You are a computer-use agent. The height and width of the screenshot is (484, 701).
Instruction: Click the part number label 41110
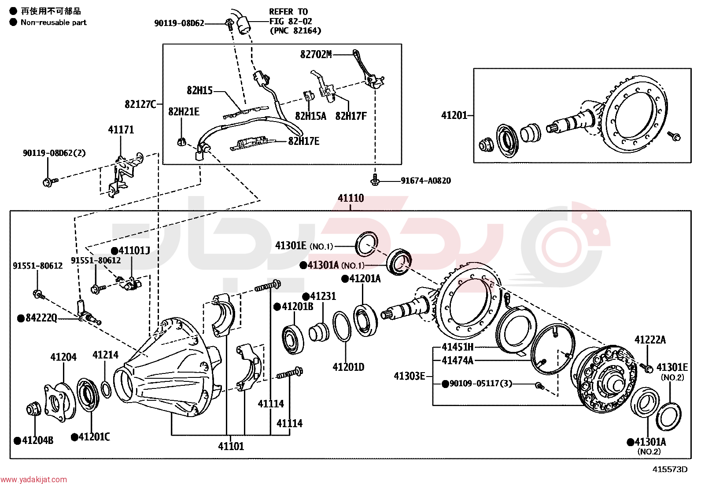click(x=350, y=198)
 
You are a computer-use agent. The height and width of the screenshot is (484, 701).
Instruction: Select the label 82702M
click(x=316, y=55)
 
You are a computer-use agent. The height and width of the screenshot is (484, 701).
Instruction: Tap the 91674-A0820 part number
click(x=426, y=181)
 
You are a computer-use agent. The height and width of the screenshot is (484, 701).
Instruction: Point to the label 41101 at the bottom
click(x=231, y=446)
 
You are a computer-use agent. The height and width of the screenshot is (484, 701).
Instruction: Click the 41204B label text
click(x=37, y=440)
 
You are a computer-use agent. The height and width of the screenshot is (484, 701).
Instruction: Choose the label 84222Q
click(x=41, y=318)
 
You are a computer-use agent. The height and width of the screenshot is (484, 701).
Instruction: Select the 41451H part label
click(x=457, y=347)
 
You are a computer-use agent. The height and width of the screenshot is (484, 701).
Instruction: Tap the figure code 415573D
click(x=670, y=469)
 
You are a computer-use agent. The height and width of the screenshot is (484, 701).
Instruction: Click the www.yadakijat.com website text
click(x=33, y=480)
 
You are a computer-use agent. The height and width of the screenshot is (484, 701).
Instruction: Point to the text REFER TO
click(x=288, y=11)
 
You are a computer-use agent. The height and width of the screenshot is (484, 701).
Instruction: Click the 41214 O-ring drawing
click(x=107, y=389)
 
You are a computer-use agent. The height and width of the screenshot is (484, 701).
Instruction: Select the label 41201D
click(x=348, y=367)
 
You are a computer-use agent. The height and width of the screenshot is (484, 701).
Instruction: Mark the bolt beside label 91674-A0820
click(x=375, y=180)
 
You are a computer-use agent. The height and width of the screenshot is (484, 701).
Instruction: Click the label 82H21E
click(x=184, y=112)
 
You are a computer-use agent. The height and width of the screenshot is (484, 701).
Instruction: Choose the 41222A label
click(x=650, y=340)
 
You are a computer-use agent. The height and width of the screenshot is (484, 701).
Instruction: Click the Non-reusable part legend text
click(x=54, y=22)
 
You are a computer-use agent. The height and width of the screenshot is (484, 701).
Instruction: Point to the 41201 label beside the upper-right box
click(x=454, y=115)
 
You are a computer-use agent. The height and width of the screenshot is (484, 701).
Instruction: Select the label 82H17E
click(x=303, y=141)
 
